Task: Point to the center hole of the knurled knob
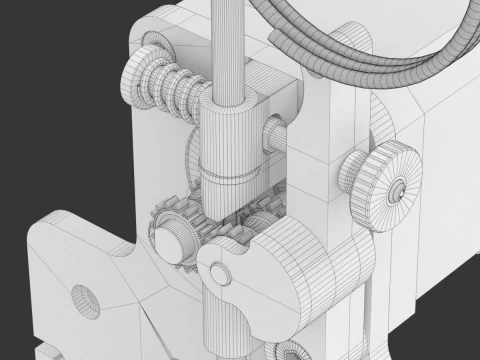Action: pos(398,187)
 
